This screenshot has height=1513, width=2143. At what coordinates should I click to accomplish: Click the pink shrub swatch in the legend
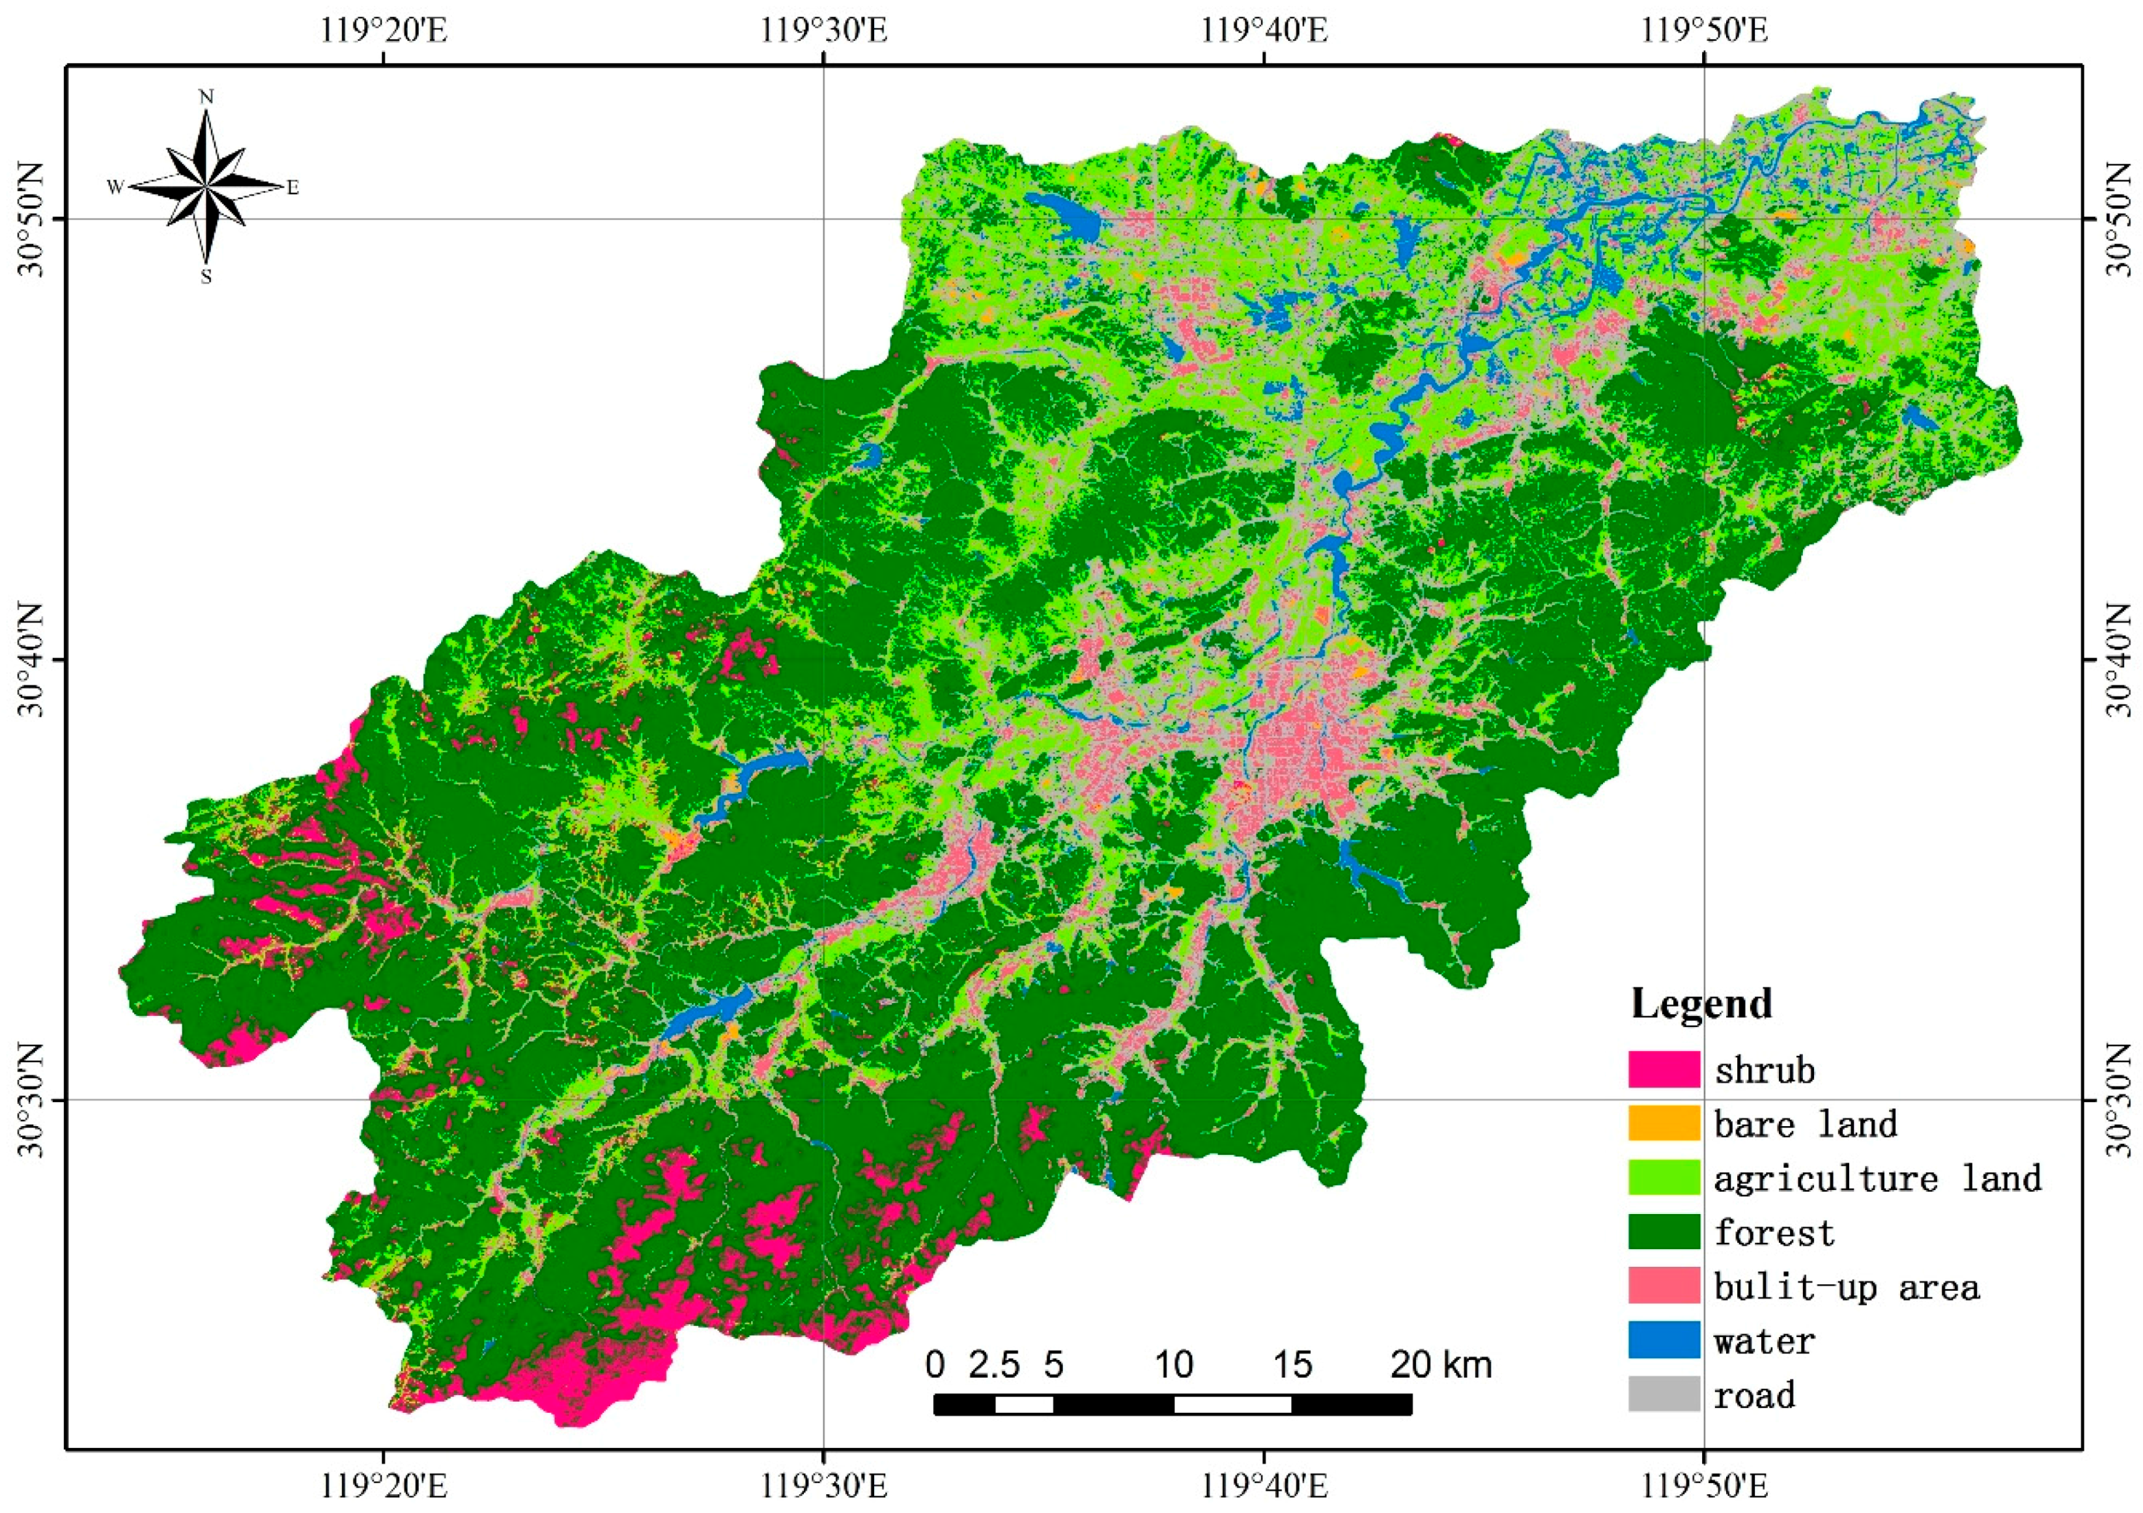(1663, 1069)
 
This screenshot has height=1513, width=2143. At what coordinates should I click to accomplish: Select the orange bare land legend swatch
(1663, 1124)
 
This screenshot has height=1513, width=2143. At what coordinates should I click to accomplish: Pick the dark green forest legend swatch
(1663, 1232)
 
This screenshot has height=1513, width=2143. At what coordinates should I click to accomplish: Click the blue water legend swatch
(1663, 1341)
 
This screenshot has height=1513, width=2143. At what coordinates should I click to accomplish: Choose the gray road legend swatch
(1663, 1394)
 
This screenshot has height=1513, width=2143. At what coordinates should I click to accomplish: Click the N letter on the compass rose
(206, 97)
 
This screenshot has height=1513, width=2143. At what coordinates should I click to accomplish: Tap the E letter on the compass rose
(292, 188)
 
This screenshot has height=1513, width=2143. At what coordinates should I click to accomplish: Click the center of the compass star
(206, 187)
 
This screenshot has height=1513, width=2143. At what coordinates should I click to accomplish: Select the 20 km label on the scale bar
(1441, 1365)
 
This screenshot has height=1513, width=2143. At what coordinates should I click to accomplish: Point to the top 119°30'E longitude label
(824, 31)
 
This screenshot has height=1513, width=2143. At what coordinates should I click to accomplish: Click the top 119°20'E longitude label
(384, 31)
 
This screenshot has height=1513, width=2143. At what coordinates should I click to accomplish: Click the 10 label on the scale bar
(1173, 1365)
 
